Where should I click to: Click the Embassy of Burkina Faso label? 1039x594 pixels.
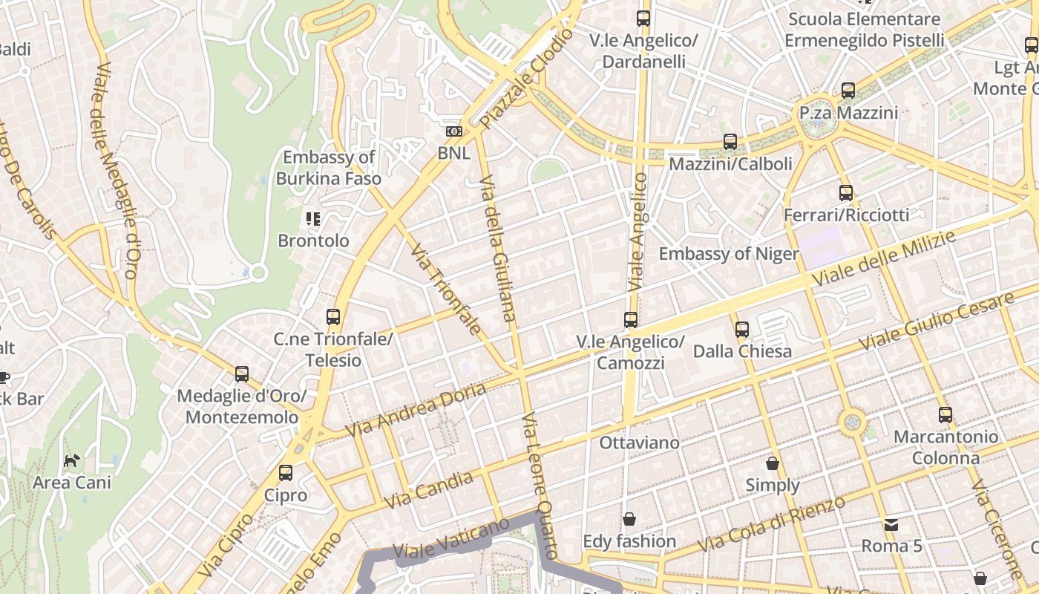pyautogui.click(x=328, y=168)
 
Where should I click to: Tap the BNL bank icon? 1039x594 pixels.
pyautogui.click(x=453, y=131)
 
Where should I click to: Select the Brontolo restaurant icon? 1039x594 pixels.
pyautogui.click(x=312, y=219)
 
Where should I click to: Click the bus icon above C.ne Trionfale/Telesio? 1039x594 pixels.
pyautogui.click(x=333, y=317)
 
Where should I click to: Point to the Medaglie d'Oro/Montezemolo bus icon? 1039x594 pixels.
pyautogui.click(x=242, y=374)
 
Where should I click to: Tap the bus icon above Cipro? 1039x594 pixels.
pyautogui.click(x=286, y=473)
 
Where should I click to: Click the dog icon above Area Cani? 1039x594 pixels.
pyautogui.click(x=71, y=461)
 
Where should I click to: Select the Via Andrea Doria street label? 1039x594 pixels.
pyautogui.click(x=416, y=409)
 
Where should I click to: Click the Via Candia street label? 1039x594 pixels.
pyautogui.click(x=429, y=490)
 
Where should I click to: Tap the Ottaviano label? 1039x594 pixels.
pyautogui.click(x=639, y=443)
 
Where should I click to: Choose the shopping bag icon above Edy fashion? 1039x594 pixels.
pyautogui.click(x=629, y=518)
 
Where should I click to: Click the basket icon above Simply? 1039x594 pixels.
pyautogui.click(x=773, y=463)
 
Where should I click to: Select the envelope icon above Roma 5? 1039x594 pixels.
pyautogui.click(x=891, y=524)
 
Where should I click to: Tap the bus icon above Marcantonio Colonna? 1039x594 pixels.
pyautogui.click(x=945, y=415)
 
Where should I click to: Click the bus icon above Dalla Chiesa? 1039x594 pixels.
pyautogui.click(x=742, y=329)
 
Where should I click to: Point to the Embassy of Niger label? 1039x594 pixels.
pyautogui.click(x=729, y=254)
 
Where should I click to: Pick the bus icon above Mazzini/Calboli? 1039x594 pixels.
pyautogui.click(x=730, y=142)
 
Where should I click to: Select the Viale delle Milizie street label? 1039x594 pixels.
pyautogui.click(x=883, y=259)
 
